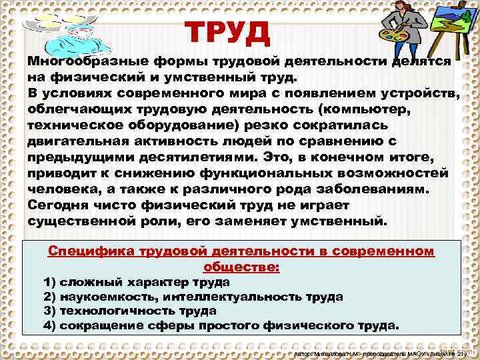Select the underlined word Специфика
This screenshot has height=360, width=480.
click(x=92, y=251)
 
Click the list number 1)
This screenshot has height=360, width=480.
click(x=49, y=283)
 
